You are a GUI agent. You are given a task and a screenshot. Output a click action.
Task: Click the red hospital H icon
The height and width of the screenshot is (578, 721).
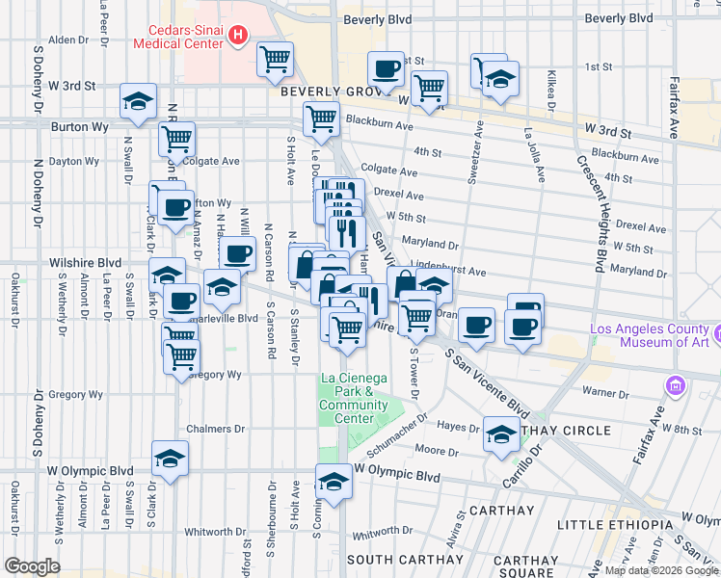click(x=238, y=39)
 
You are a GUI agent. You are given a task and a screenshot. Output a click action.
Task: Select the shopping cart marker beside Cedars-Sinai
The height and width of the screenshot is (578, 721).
click(x=275, y=59)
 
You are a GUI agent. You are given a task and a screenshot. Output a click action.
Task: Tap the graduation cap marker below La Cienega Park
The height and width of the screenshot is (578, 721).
click(x=334, y=481)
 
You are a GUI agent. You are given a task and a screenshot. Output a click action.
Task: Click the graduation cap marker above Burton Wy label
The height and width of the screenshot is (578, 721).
click(x=138, y=100)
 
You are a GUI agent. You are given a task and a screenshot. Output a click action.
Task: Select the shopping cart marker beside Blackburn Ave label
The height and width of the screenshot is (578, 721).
click(x=321, y=119)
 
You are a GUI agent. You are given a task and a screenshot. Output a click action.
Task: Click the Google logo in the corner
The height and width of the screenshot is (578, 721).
click(x=32, y=566)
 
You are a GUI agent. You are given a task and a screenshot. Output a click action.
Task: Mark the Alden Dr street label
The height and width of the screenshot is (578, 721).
click(x=67, y=39)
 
